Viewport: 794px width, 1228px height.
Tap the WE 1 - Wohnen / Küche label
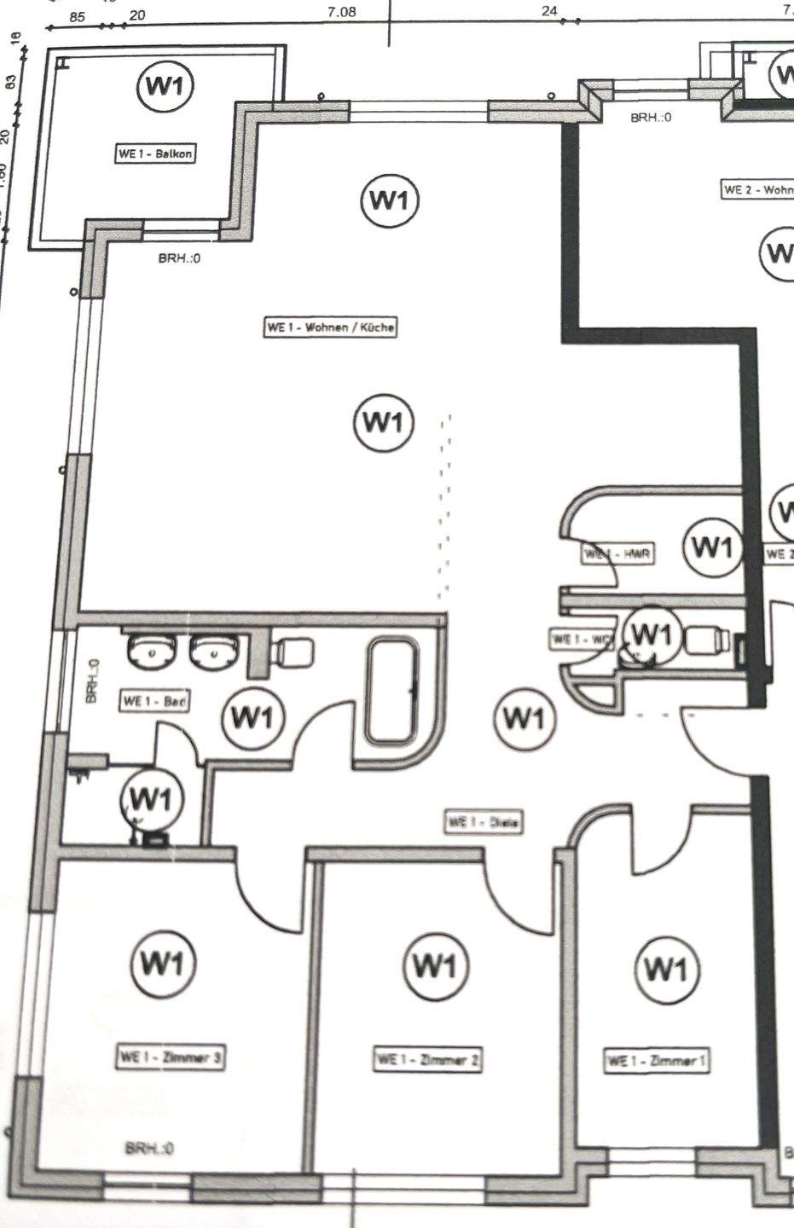pyautogui.click(x=331, y=327)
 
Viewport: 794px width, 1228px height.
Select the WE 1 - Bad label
pyautogui.click(x=155, y=702)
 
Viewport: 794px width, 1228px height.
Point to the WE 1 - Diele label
pyautogui.click(x=484, y=822)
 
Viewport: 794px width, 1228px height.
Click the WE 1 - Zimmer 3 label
pyautogui.click(x=171, y=1057)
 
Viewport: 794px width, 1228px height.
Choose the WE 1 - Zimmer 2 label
pyautogui.click(x=428, y=1060)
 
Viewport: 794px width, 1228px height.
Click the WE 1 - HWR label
pyautogui.click(x=618, y=554)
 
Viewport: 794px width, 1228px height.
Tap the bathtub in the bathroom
pyautogui.click(x=392, y=692)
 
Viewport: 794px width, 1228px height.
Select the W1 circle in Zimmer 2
pyautogui.click(x=435, y=966)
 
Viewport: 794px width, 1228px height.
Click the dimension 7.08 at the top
pyautogui.click(x=341, y=12)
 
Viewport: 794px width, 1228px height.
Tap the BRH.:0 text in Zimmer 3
pyautogui.click(x=149, y=1149)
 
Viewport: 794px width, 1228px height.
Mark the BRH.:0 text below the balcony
pyautogui.click(x=179, y=258)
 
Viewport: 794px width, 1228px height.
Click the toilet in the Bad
pyautogui.click(x=291, y=653)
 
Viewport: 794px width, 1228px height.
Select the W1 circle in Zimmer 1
pyautogui.click(x=665, y=969)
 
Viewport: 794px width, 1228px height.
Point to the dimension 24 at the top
pyautogui.click(x=549, y=11)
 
